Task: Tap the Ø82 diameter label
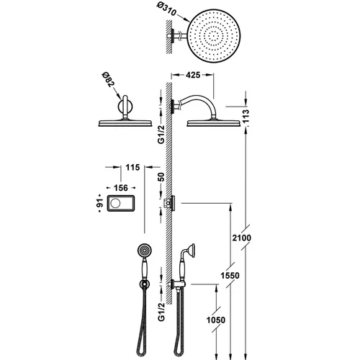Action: coord(108,79)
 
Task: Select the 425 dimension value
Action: coord(193,75)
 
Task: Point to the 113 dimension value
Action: coord(246,116)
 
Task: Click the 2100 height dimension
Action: coord(241,238)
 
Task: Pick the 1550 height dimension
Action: coord(230,276)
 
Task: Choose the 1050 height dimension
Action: coord(216,320)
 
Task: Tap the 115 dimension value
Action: coord(132,167)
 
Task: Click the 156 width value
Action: coord(121,188)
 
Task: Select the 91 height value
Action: coord(101,203)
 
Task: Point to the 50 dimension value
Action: coord(161,177)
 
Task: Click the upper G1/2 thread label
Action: coord(161,135)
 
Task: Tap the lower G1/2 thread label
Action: coord(161,312)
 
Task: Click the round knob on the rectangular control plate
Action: coord(115,203)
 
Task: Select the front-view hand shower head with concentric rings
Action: coord(144,250)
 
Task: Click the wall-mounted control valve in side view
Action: coord(169,203)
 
